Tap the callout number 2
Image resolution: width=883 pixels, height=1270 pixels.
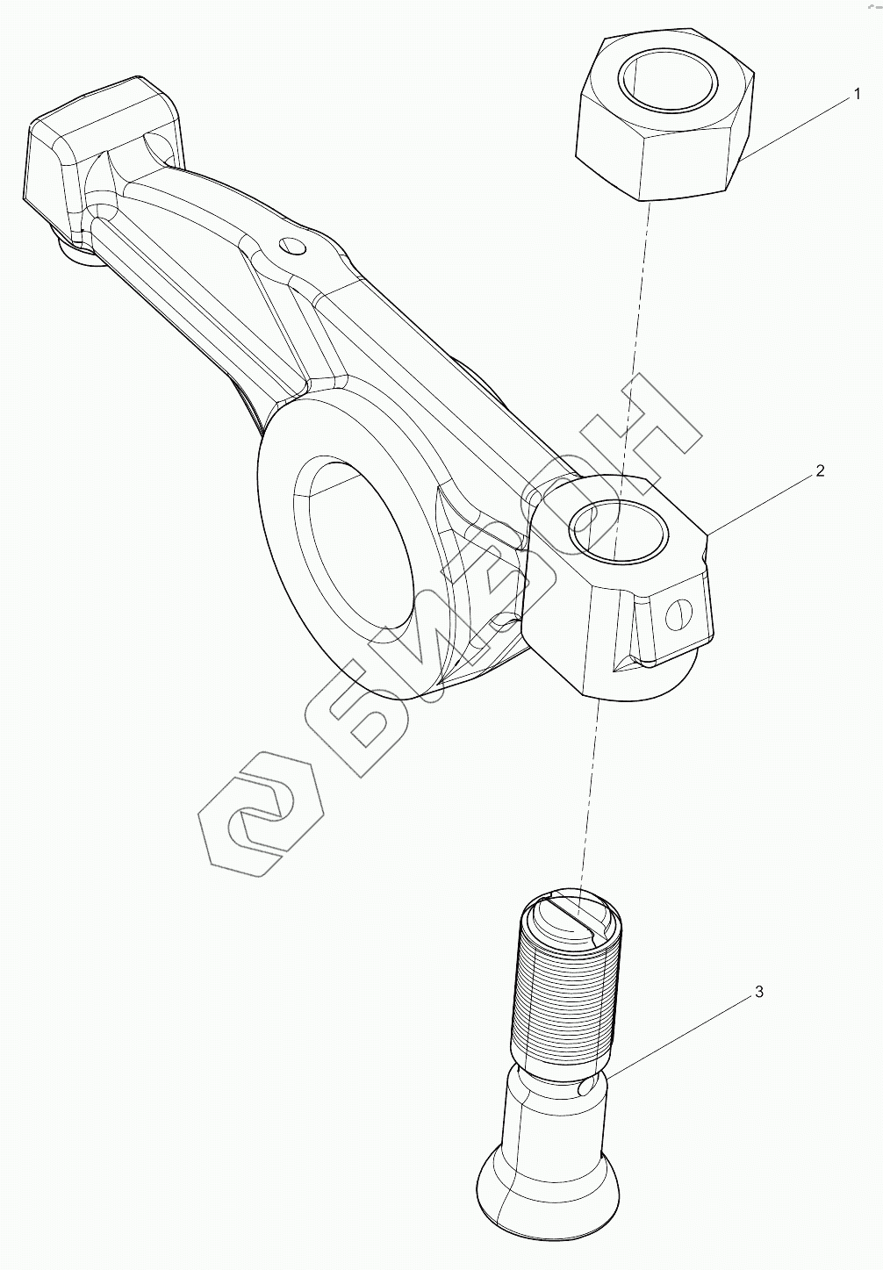point(820,470)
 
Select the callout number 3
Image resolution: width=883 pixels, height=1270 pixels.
point(759,992)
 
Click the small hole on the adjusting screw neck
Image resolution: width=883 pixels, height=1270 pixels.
point(586,1088)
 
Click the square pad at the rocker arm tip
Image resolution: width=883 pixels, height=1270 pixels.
point(97,149)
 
